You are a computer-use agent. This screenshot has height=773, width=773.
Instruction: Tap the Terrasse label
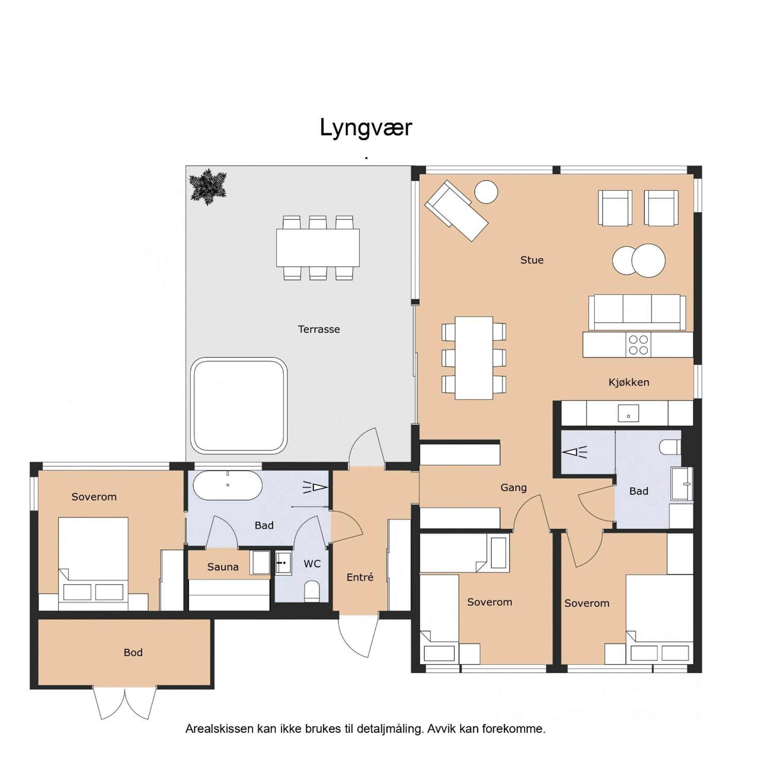pos(319,329)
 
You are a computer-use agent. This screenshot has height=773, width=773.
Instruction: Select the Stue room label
pos(532,260)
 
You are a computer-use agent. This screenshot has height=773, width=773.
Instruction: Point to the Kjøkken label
pos(629,382)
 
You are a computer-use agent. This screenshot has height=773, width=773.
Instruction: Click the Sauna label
pos(223,567)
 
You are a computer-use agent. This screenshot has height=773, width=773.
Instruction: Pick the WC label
pos(312,564)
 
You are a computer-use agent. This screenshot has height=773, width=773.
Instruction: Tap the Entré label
pos(360,577)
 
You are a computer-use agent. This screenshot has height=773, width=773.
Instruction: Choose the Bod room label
pos(133,653)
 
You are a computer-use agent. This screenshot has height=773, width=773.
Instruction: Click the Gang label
pos(513,488)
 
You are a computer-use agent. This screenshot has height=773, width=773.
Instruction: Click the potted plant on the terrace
pos(208,187)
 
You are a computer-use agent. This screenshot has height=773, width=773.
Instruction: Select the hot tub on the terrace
pos(239,406)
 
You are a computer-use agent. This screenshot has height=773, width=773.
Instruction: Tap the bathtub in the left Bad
pos(228,485)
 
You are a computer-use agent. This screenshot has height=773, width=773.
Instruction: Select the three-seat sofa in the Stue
pos(637,313)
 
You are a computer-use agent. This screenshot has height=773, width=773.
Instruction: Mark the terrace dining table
pos(318,248)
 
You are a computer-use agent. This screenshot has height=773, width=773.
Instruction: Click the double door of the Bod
pos(125,703)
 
